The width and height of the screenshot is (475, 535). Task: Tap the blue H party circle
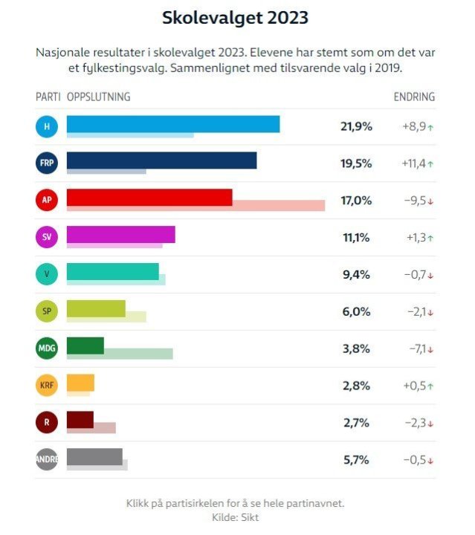pos(47,126)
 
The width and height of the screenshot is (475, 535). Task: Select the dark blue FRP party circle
pos(47,163)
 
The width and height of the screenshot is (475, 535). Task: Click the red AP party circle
pos(47,201)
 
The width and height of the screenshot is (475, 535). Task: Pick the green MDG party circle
pos(47,348)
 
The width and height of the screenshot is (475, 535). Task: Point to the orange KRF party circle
pos(47,386)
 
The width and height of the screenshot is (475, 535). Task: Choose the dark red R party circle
pos(47,423)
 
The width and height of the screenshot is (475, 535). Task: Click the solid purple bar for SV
pos(120,234)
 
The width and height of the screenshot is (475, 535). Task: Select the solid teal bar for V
pos(112,271)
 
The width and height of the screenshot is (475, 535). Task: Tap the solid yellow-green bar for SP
pos(96,308)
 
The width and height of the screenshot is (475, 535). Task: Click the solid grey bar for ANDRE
pos(94,456)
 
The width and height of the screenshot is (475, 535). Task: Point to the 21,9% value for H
pos(355,126)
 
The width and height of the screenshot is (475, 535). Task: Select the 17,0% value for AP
pos(355,201)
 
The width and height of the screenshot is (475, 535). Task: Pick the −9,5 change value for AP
pos(415,201)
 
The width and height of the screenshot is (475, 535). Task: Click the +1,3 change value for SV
pos(415,238)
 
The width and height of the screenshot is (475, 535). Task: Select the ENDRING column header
pos(414,97)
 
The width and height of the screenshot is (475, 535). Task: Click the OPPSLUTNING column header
pos(99,97)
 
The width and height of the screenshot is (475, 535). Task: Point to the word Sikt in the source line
pos(250,517)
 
